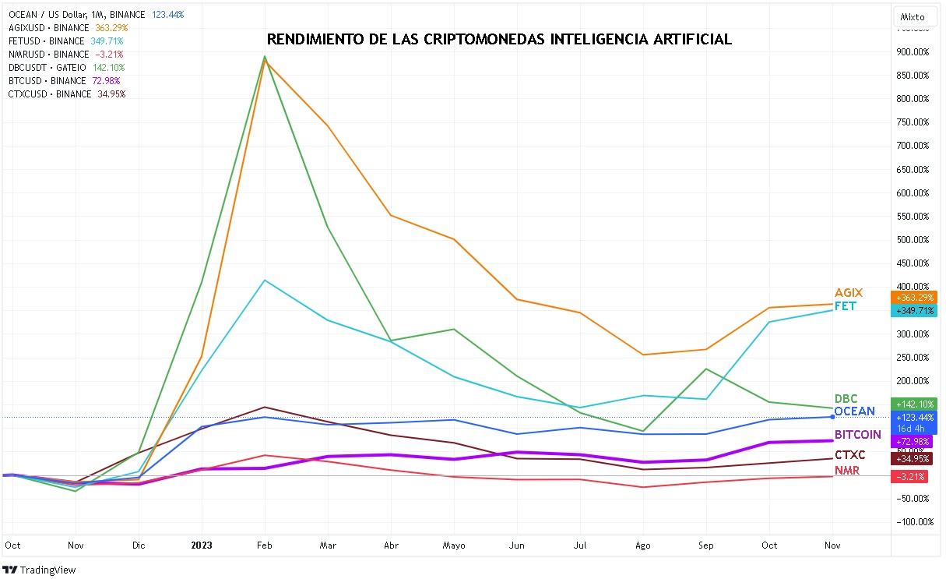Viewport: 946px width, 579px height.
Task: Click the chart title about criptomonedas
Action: pyautogui.click(x=499, y=39)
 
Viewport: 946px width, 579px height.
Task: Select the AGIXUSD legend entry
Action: pyautogui.click(x=68, y=27)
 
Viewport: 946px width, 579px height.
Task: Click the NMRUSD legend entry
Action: pyautogui.click(x=65, y=55)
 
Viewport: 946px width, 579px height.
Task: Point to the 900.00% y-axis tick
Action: pyautogui.click(x=913, y=52)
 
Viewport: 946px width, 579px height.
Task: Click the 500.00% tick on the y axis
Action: pyautogui.click(x=913, y=240)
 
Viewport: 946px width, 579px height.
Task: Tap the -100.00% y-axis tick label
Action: pyautogui.click(x=912, y=522)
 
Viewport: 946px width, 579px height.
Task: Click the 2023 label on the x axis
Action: pyautogui.click(x=202, y=545)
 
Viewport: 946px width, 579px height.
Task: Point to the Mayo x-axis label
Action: pyautogui.click(x=454, y=545)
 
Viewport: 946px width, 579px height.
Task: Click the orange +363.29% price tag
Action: pyautogui.click(x=915, y=298)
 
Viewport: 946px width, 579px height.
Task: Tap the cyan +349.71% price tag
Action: pyautogui.click(x=915, y=311)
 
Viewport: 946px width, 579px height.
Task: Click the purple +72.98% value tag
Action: pyautogui.click(x=915, y=442)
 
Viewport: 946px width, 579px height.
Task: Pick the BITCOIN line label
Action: pyautogui.click(x=857, y=434)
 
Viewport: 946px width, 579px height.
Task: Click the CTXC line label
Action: pyautogui.click(x=849, y=455)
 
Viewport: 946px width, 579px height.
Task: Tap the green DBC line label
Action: pyautogui.click(x=846, y=399)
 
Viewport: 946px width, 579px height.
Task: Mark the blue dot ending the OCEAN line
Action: pyautogui.click(x=832, y=417)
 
